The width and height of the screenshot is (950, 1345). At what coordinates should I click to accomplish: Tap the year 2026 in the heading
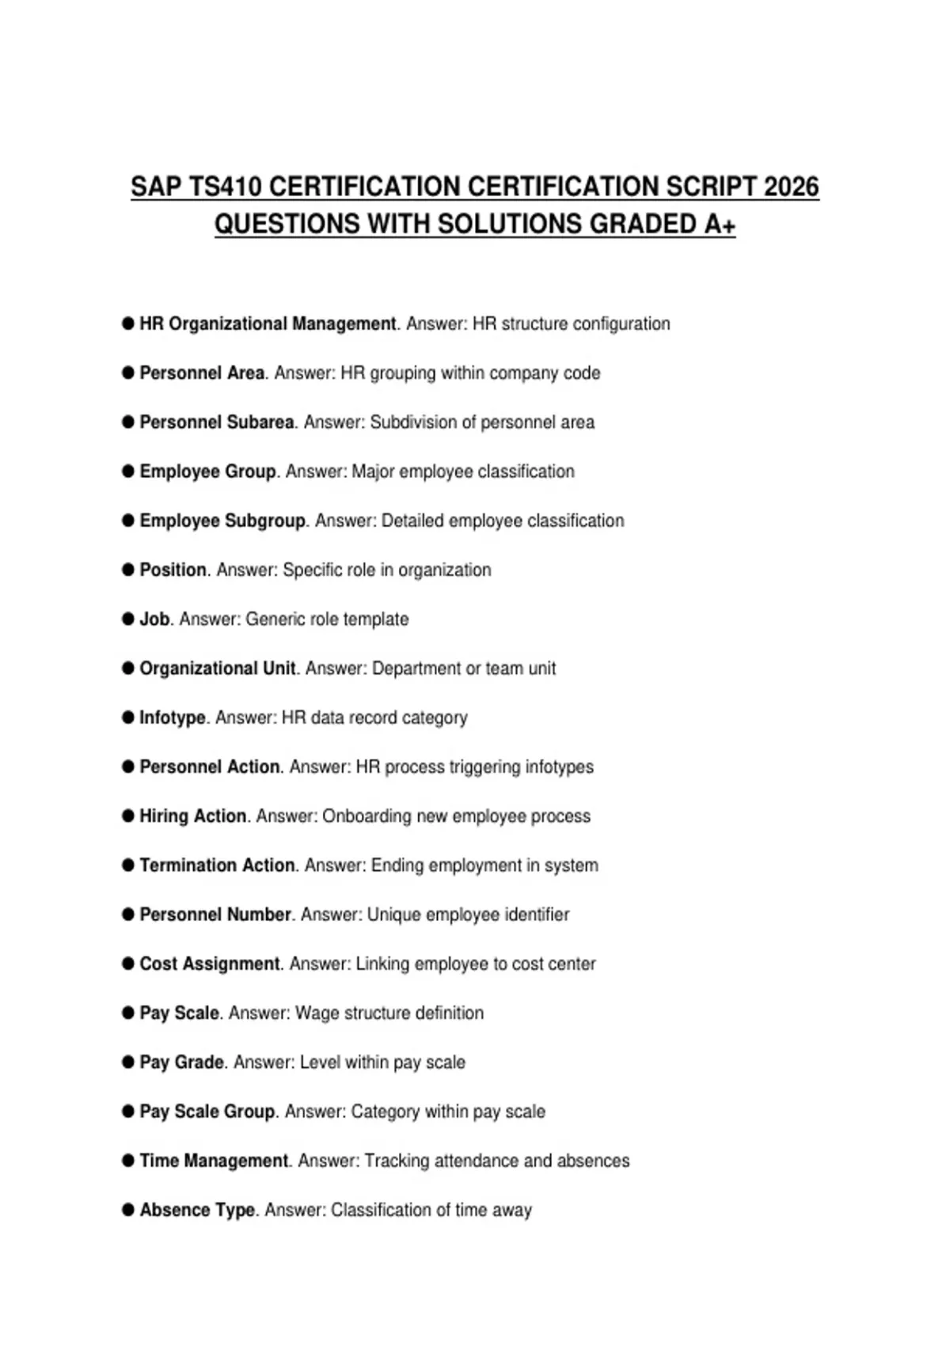[791, 188]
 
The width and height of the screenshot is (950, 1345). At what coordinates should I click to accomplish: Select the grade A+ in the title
[720, 225]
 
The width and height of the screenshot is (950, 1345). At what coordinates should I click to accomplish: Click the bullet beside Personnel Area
[128, 373]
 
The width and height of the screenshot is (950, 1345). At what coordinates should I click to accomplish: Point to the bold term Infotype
[173, 718]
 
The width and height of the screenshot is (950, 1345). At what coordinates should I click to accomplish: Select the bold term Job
[154, 619]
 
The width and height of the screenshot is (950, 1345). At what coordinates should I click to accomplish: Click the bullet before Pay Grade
[128, 1062]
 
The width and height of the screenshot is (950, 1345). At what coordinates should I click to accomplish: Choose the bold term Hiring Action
[193, 816]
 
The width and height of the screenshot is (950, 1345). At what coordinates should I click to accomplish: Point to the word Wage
[314, 1013]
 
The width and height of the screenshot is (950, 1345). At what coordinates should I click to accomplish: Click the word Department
[416, 669]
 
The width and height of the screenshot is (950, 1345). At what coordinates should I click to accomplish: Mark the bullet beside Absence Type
[128, 1210]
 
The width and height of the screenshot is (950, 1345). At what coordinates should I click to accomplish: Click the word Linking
[382, 964]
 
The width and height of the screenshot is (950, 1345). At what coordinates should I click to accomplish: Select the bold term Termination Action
[218, 865]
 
